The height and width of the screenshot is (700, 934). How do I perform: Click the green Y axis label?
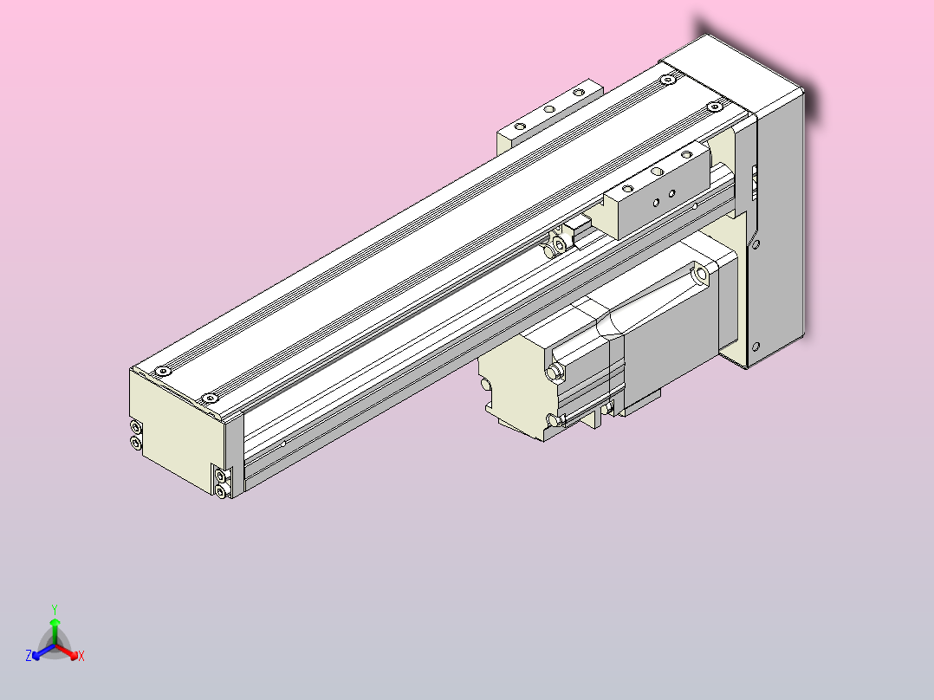click(x=54, y=609)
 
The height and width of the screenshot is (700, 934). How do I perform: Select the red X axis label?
click(x=81, y=657)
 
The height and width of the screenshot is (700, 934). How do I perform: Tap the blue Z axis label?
click(x=29, y=657)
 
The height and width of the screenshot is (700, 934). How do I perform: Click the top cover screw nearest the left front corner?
click(x=162, y=372)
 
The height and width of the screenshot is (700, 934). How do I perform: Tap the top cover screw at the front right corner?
click(x=208, y=399)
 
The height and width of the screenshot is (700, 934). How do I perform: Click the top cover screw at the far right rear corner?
click(x=714, y=107)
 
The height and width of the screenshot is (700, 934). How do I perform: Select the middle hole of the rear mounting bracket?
click(x=548, y=109)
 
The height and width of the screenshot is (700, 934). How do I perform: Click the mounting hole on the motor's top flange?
click(x=699, y=275)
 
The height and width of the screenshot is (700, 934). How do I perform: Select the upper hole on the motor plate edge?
click(x=756, y=245)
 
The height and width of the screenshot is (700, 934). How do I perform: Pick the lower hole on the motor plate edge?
click(x=757, y=346)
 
